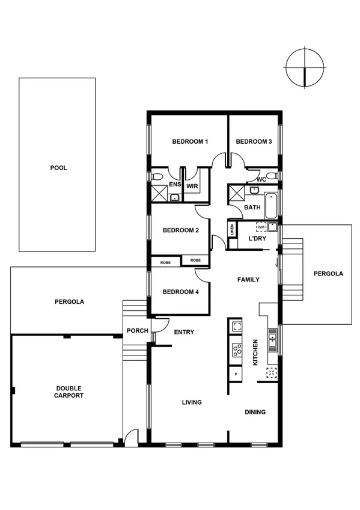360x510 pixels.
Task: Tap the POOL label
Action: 58,168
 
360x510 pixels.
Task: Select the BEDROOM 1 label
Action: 190,142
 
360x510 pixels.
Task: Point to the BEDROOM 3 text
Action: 254,142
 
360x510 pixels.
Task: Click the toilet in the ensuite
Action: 157,177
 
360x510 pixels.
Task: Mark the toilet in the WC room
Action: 272,176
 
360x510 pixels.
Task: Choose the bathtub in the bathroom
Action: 271,204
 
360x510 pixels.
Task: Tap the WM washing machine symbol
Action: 261,227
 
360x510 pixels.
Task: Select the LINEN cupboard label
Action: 231,230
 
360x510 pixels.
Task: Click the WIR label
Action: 192,186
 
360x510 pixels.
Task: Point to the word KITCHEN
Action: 255,352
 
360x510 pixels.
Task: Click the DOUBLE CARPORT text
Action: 69,392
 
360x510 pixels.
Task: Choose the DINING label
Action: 255,413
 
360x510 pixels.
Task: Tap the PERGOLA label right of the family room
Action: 328,274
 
